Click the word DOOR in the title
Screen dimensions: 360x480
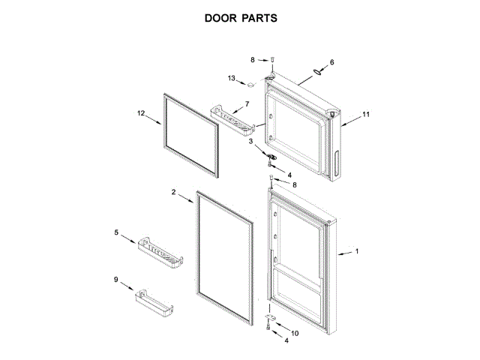pyautogui.click(x=220, y=17)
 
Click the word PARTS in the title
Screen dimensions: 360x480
pyautogui.click(x=257, y=17)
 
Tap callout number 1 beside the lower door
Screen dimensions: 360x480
pyautogui.click(x=356, y=252)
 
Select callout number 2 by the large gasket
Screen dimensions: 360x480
pyautogui.click(x=172, y=193)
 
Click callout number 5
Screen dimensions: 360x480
pyautogui.click(x=116, y=233)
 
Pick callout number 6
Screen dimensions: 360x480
pyautogui.click(x=332, y=62)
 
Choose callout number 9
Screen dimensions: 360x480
pyautogui.click(x=116, y=280)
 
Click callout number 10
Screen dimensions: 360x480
pyautogui.click(x=294, y=333)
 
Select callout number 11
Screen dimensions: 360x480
pyautogui.click(x=366, y=115)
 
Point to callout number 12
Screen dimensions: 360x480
pyautogui.click(x=140, y=113)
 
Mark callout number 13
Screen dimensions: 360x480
pyautogui.click(x=232, y=78)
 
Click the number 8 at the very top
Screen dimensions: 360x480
pyautogui.click(x=253, y=58)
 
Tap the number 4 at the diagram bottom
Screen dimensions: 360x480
pyautogui.click(x=284, y=340)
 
